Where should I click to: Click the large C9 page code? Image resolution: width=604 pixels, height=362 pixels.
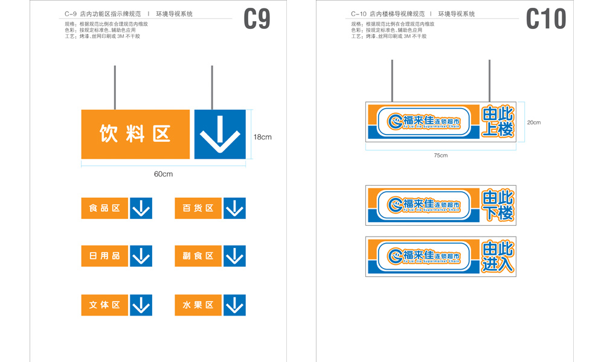[257, 19]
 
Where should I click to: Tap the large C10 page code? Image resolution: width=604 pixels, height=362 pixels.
[546, 19]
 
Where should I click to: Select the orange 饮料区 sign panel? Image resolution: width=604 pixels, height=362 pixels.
[135, 134]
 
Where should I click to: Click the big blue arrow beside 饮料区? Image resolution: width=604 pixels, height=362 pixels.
[220, 134]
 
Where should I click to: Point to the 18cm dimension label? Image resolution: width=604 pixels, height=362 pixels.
[262, 137]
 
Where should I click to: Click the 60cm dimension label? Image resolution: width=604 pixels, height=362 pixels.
[163, 174]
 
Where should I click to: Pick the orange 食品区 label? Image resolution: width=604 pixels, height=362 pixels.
[104, 208]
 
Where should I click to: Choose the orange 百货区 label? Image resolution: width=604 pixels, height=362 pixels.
[198, 208]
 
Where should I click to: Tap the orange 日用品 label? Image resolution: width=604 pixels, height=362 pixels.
[104, 256]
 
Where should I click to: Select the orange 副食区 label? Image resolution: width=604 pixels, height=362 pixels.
[198, 256]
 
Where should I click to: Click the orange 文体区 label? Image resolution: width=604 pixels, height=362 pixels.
[104, 305]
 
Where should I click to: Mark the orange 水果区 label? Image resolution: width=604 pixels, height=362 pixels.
[198, 305]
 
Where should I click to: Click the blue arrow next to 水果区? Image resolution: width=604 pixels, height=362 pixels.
[234, 305]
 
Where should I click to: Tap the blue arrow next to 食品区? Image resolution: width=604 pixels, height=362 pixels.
[141, 208]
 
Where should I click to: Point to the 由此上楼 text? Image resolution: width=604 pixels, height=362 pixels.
[498, 122]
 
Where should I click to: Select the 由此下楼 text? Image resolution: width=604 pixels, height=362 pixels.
[498, 205]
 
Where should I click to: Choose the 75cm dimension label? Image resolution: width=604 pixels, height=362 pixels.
[441, 155]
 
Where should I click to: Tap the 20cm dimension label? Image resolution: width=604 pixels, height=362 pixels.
[533, 122]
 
